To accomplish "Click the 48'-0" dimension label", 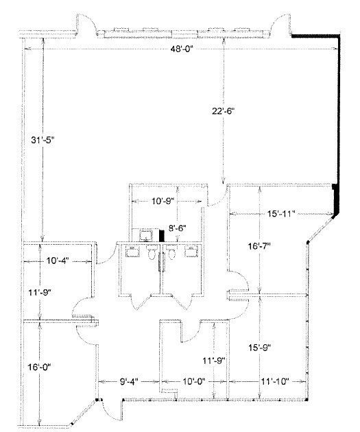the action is click(182, 49).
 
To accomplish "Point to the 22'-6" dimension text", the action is click(223, 111).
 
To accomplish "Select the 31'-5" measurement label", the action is click(43, 140).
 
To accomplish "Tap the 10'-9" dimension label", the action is click(163, 201).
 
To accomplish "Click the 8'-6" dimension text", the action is click(178, 228).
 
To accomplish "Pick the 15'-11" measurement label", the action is click(281, 213).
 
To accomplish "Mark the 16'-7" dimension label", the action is click(259, 245).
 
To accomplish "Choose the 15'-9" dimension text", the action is click(260, 348).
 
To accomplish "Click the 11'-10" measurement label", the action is click(275, 381).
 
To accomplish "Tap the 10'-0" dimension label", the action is click(195, 381).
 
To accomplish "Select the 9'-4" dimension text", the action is click(129, 381).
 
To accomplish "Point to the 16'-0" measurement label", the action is click(40, 367).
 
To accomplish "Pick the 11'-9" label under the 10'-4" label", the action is click(40, 292).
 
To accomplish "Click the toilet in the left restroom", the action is click(152, 252).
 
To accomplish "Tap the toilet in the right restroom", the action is click(171, 252).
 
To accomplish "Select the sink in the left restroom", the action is click(133, 252).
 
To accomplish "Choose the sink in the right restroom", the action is click(191, 252).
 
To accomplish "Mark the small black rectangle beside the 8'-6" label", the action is click(162, 236).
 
